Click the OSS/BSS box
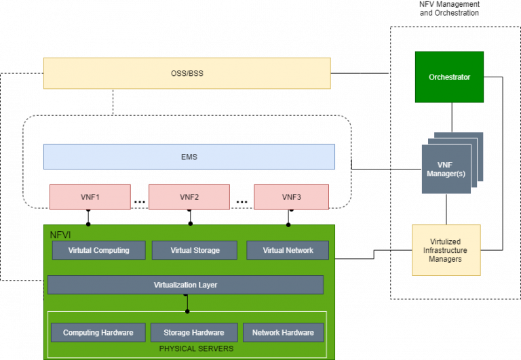click(x=187, y=73)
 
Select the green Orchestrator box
click(x=449, y=77)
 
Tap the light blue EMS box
click(x=189, y=157)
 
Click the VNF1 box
click(x=90, y=197)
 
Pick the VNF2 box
click(x=189, y=197)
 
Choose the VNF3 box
click(x=291, y=197)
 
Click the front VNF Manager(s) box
click(x=446, y=169)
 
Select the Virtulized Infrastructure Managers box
click(x=446, y=250)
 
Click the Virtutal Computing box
click(x=99, y=250)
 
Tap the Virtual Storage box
click(x=195, y=250)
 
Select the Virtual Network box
click(x=288, y=250)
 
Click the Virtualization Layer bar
click(x=185, y=285)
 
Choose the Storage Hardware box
click(x=194, y=332)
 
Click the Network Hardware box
click(x=283, y=332)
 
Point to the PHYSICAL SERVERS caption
click(x=196, y=348)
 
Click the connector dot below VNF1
click(x=88, y=224)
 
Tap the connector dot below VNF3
click(x=288, y=224)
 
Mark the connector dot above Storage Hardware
click(x=187, y=311)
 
